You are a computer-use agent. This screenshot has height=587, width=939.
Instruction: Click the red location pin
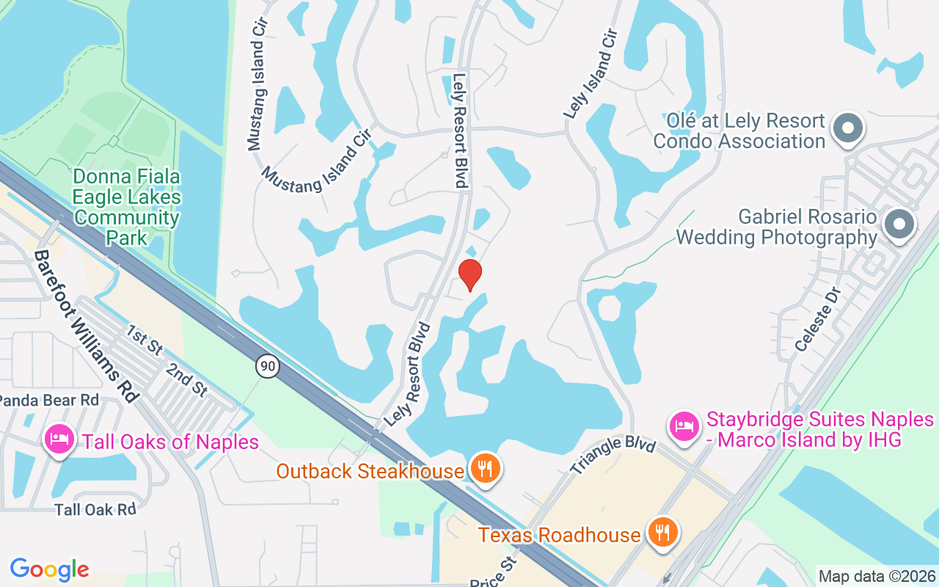click(469, 274)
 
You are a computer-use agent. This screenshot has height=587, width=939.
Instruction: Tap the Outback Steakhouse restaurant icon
click(484, 468)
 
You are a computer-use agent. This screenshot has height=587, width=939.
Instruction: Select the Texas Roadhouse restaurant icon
click(662, 531)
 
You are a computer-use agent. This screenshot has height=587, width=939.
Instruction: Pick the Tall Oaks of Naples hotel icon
click(59, 440)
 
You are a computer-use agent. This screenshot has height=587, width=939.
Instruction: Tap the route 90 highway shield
click(268, 365)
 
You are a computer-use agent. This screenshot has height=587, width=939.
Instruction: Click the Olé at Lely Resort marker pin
click(848, 128)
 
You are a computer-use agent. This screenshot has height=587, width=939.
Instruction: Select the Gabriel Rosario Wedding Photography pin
click(899, 224)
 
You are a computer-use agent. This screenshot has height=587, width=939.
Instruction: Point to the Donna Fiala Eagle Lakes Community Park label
click(126, 208)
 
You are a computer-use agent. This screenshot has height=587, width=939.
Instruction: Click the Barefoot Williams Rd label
click(87, 326)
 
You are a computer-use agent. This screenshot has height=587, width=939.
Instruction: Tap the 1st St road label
click(145, 340)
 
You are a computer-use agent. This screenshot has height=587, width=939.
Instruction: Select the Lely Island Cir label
click(591, 74)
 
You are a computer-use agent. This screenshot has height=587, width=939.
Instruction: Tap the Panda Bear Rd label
click(49, 400)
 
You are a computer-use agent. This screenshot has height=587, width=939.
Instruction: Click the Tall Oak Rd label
click(95, 509)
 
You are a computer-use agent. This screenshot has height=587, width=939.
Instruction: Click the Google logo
click(50, 569)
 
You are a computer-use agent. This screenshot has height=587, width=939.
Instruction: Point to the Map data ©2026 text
click(877, 577)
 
